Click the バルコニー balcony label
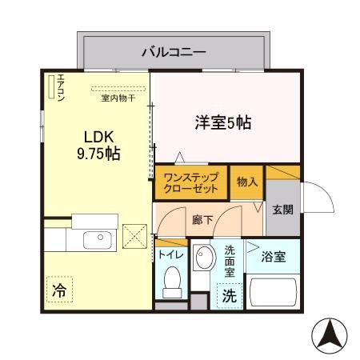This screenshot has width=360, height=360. coord(174,53)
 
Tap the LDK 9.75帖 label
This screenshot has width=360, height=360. coord(99,143)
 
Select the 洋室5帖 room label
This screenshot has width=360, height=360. coord(223,123)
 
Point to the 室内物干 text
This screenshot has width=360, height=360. coord(118,99)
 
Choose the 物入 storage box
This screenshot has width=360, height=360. coord(246,182)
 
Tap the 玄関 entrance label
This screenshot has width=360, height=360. coord(282,210)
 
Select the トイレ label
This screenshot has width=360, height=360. coord(170,254)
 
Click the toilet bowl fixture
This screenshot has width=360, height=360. coord(170,280)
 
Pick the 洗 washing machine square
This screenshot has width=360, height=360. coord(229,294)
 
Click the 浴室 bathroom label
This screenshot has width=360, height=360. coord(274,257)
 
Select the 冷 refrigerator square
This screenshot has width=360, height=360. coord(59,290)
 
